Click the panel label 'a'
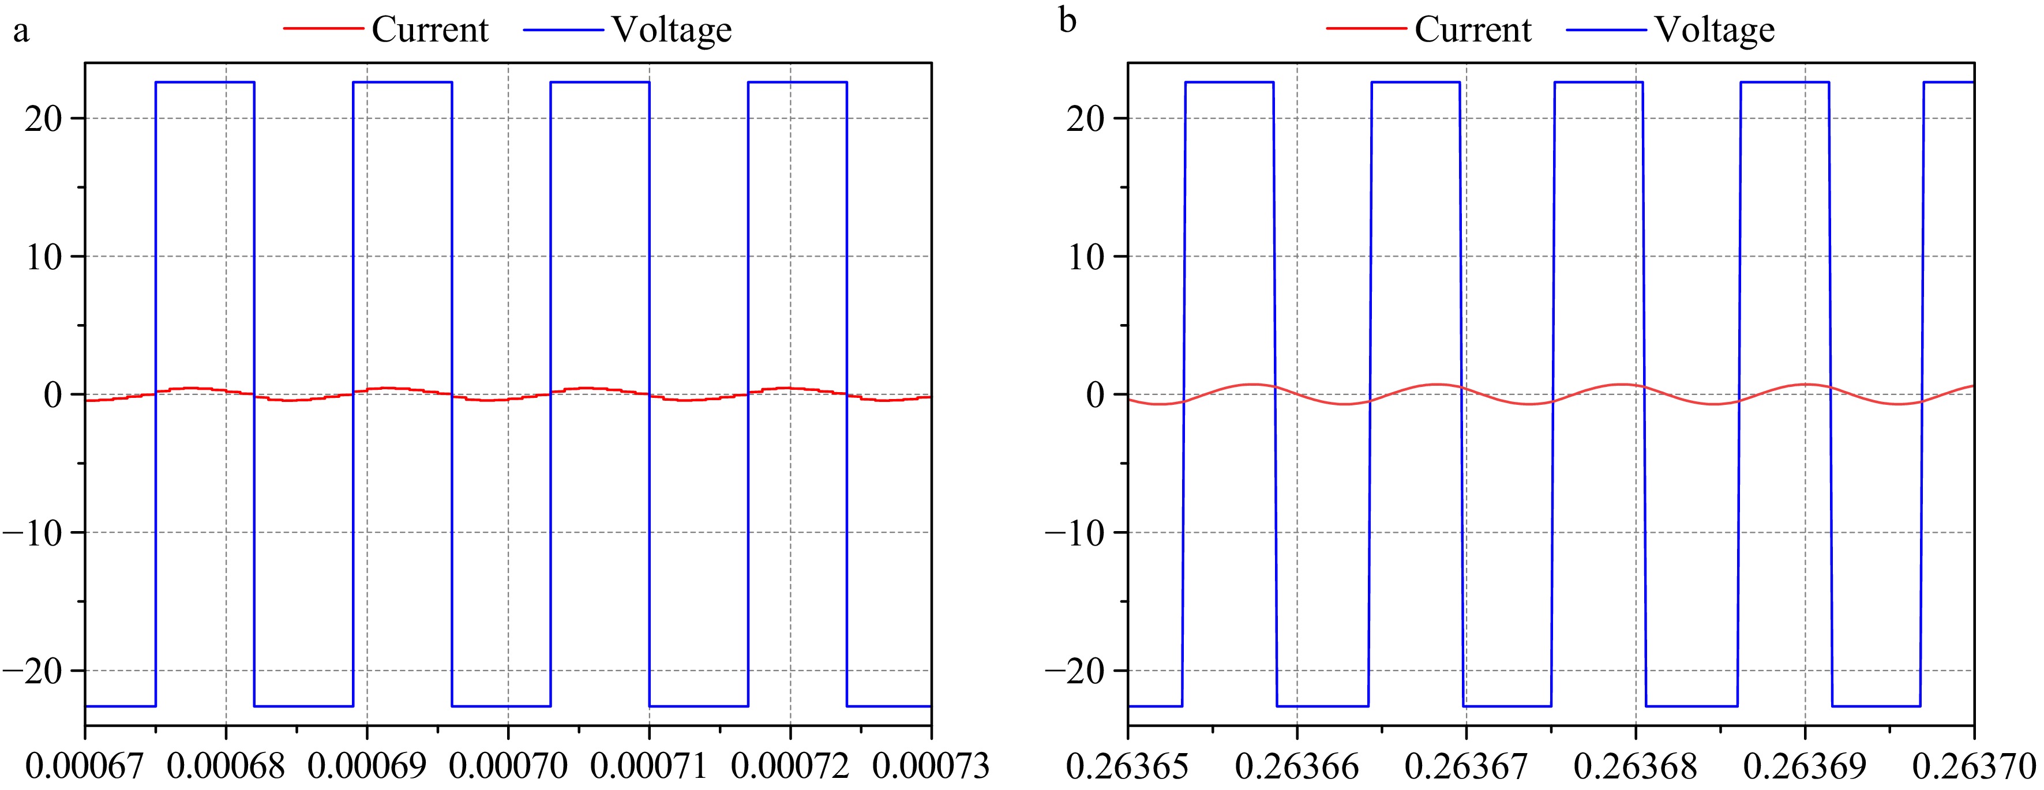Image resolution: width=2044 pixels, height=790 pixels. click(21, 32)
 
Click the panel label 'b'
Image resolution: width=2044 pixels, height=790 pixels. click(1068, 21)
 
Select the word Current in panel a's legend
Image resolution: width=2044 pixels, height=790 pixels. click(430, 30)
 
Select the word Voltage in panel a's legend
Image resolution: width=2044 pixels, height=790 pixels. click(672, 30)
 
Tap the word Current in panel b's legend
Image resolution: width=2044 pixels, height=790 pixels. click(1473, 30)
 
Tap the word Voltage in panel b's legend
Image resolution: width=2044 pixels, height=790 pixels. click(1714, 30)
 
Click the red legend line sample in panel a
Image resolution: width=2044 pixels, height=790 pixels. click(323, 30)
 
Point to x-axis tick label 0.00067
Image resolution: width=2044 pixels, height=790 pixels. click(85, 766)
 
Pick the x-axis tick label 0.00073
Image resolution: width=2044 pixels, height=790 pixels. click(931, 766)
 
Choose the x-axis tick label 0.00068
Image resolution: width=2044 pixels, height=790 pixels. click(226, 766)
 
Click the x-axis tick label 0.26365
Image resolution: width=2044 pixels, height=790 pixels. click(1127, 766)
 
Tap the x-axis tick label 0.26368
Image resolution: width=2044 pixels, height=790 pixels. click(1636, 766)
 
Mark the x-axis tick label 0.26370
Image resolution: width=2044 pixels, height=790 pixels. click(1974, 766)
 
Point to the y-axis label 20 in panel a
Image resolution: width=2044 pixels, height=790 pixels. click(44, 119)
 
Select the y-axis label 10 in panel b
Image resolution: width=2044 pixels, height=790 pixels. click(1086, 257)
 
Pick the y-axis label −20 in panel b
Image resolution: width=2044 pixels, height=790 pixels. click(1075, 671)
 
